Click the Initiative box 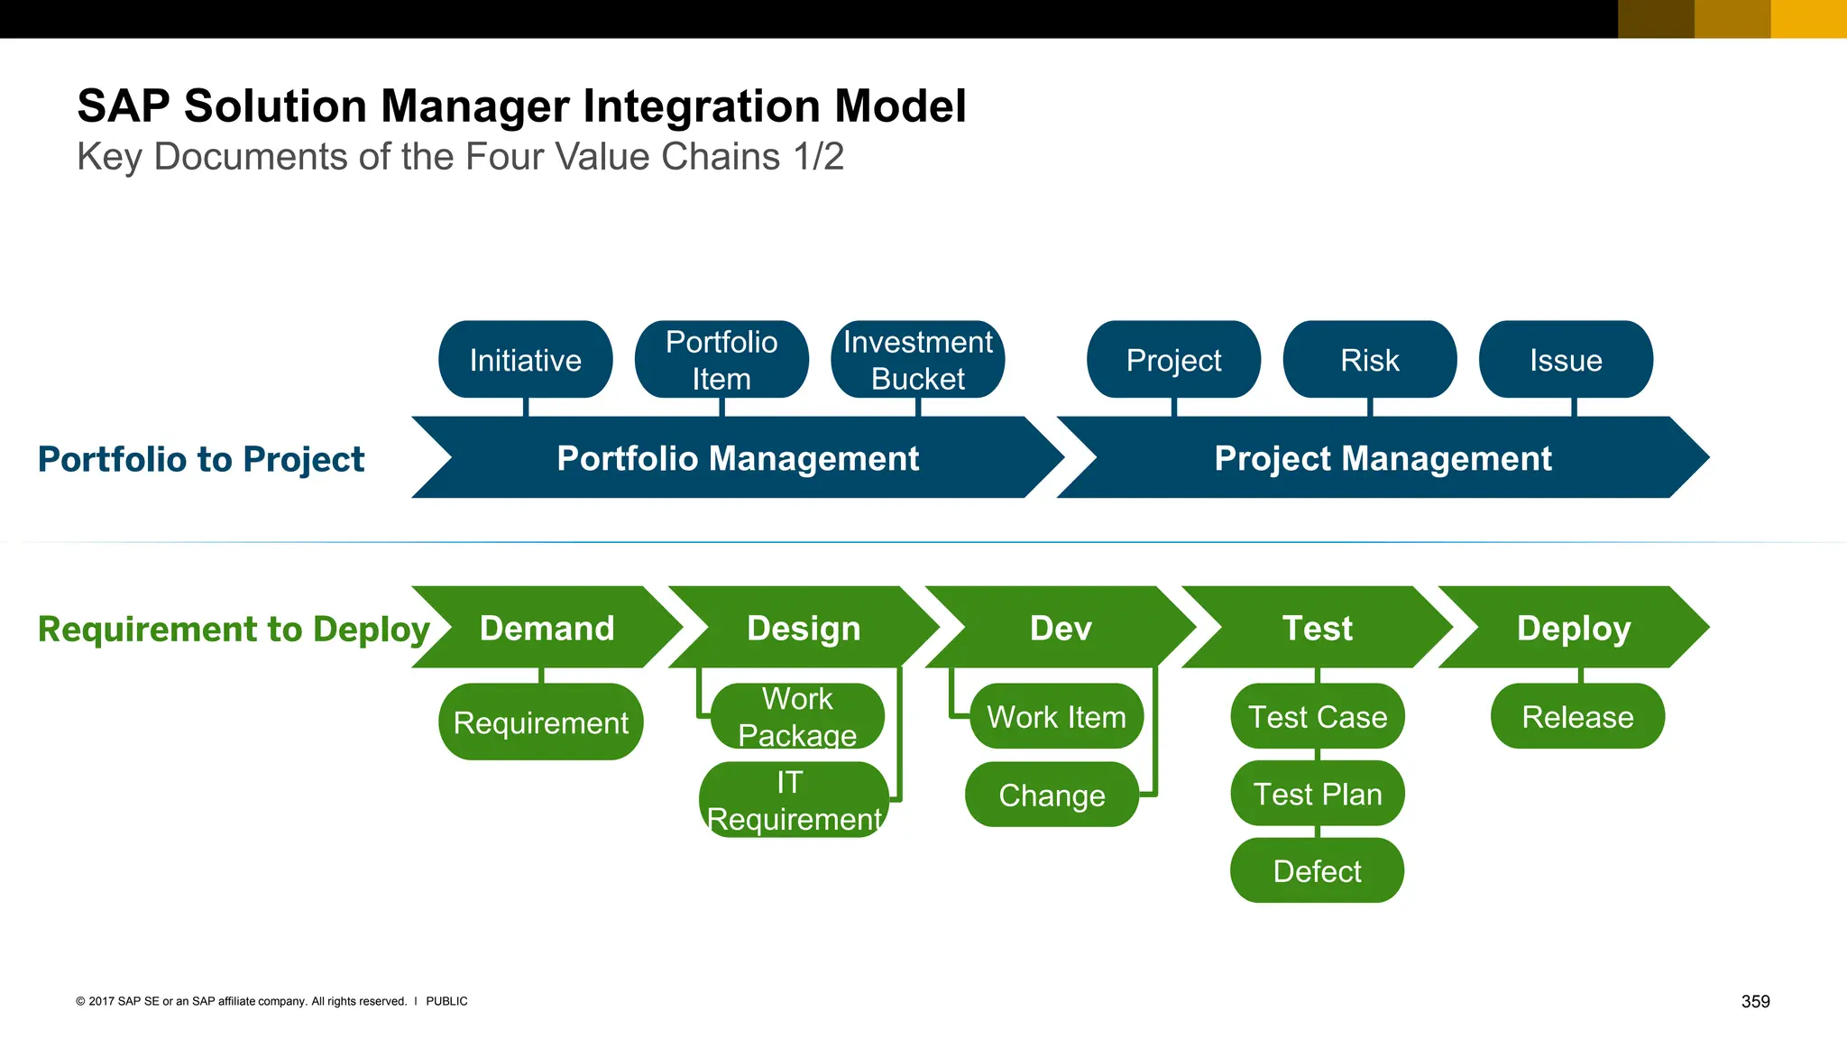pos(525,360)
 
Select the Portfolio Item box pos(721,360)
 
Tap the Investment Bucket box pos(917,360)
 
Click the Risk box pos(1369,360)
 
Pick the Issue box pos(1566,360)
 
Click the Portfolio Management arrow pos(738,458)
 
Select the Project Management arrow pos(1383,458)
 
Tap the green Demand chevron pos(547,628)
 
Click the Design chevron pos(804,628)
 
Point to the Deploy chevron pos(1574,628)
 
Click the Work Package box pos(797,716)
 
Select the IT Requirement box pos(794,800)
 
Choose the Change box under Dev pos(1052,795)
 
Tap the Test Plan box pos(1317,794)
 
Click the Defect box pos(1317,871)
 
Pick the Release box pos(1577,717)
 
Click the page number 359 pos(1755,1001)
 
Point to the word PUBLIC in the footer pos(446,1001)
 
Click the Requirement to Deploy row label pos(234,629)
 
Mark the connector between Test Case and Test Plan pos(1318,755)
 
